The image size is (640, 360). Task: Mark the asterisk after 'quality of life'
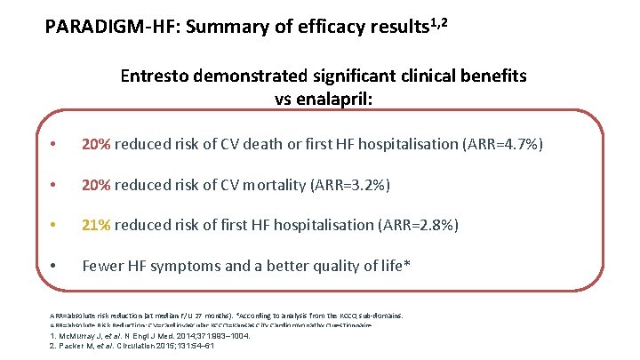click(407, 263)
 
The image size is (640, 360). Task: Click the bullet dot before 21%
click(56, 225)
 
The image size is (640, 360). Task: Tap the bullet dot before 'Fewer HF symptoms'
click(56, 265)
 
